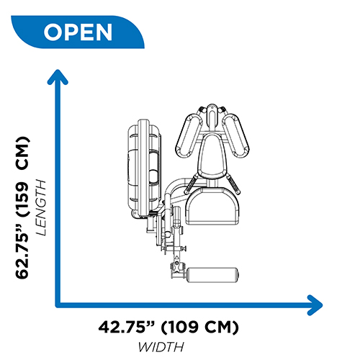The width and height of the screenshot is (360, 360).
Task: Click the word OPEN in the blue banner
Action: click(78, 32)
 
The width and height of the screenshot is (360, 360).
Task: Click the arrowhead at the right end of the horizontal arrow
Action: click(315, 305)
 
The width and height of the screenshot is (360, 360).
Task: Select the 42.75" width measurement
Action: click(125, 327)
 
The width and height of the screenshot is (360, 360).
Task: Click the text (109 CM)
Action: click(199, 327)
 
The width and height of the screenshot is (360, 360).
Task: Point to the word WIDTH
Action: click(161, 347)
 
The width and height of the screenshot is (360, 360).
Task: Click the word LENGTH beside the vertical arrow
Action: click(40, 207)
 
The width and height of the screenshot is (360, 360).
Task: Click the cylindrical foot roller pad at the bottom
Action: click(212, 275)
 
